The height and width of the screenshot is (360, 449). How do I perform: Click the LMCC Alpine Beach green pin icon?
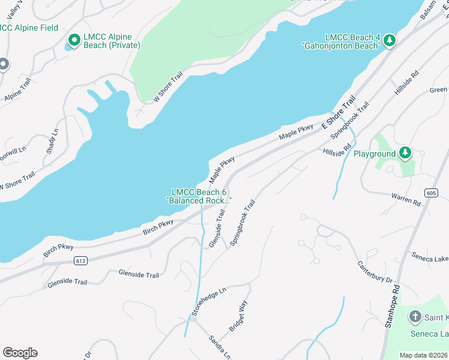[x=74, y=40]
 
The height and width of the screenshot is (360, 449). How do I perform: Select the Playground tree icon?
[x=406, y=153]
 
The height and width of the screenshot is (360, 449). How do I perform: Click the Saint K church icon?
[x=415, y=316]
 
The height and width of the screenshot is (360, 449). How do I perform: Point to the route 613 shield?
[x=81, y=260]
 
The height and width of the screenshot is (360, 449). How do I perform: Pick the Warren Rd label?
[x=406, y=199]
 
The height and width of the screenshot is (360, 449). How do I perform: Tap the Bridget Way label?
[x=238, y=316]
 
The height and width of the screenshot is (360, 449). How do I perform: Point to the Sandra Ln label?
[x=220, y=347]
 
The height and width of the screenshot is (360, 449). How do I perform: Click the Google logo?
[x=20, y=352]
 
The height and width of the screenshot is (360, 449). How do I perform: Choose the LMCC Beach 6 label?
[x=198, y=196]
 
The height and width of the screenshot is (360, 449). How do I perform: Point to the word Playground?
[x=375, y=154]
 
